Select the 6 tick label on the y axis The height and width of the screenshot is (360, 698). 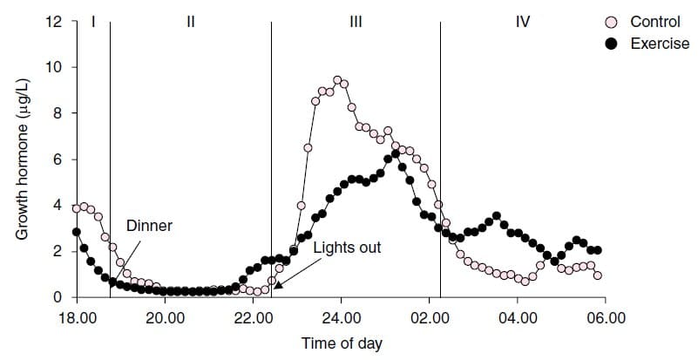click(x=57, y=160)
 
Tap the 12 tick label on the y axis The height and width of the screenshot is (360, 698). click(x=53, y=22)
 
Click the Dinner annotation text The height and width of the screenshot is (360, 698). click(x=149, y=226)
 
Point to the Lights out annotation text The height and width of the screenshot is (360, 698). click(x=347, y=248)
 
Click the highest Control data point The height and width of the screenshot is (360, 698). click(x=337, y=80)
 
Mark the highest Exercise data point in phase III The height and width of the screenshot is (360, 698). click(x=396, y=154)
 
